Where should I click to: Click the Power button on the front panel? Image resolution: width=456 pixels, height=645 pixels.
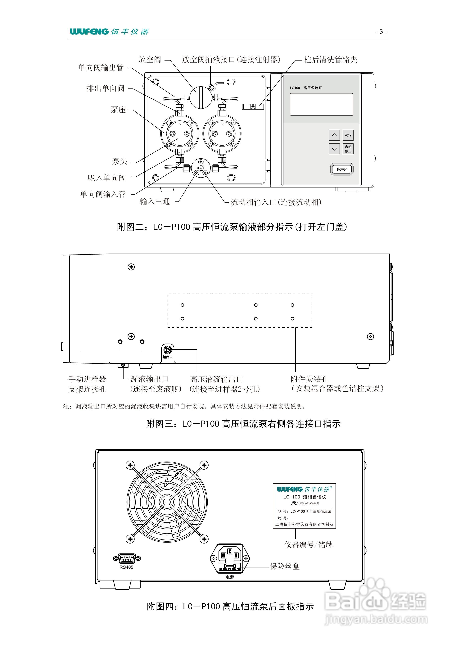(342, 169)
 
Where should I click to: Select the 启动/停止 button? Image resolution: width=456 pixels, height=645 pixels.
(348, 149)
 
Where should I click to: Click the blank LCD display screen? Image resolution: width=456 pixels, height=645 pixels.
(321, 104)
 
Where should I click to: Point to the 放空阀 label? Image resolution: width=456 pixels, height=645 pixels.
(149, 60)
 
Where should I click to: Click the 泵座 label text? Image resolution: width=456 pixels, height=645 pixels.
(118, 110)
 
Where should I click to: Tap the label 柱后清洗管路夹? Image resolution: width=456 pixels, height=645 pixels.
(330, 60)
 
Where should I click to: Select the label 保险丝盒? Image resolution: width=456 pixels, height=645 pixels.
(285, 566)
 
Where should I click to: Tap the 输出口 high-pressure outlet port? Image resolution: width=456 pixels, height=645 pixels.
(168, 350)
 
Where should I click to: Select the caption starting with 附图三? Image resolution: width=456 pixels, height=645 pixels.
(243, 424)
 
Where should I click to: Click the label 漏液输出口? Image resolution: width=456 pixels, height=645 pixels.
(149, 379)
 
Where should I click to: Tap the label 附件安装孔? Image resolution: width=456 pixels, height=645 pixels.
(309, 379)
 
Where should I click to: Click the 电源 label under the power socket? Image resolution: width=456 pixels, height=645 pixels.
(230, 577)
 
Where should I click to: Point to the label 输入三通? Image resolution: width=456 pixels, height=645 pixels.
(155, 201)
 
